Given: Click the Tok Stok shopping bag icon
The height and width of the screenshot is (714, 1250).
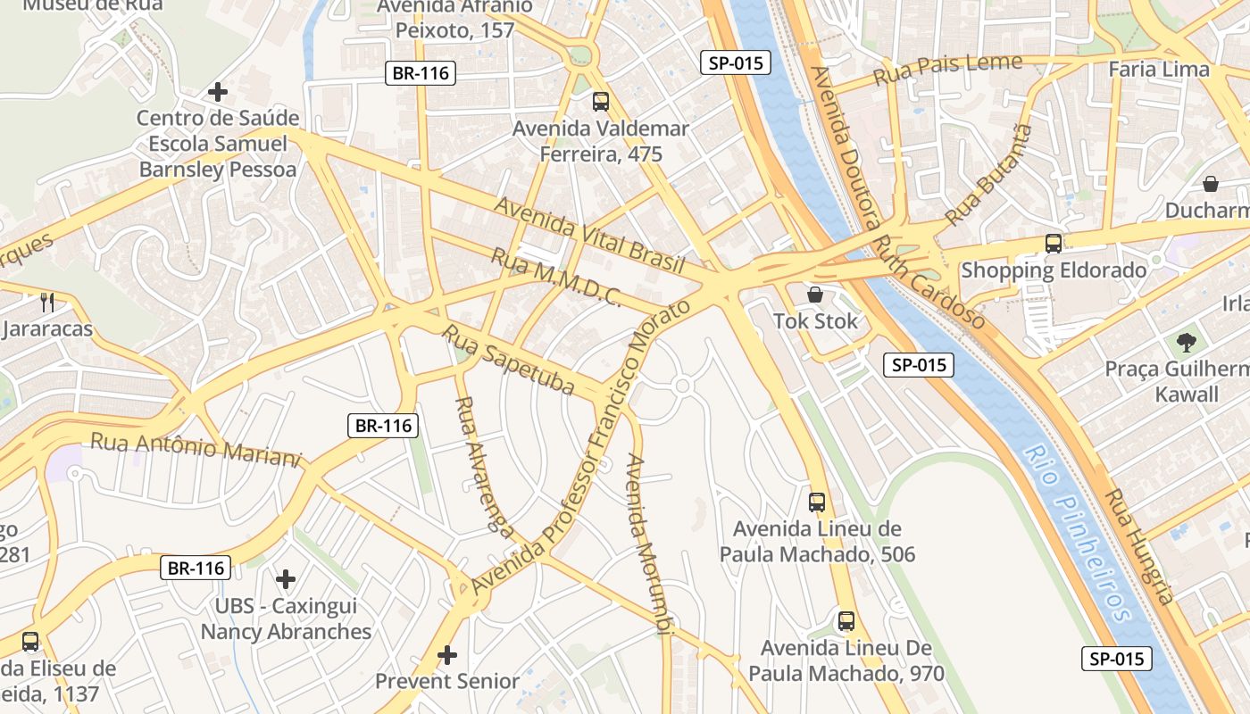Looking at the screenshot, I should (814, 295).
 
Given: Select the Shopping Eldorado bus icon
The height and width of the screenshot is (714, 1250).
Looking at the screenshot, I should (1054, 244).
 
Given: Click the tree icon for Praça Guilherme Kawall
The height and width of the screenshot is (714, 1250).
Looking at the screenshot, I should (1186, 342).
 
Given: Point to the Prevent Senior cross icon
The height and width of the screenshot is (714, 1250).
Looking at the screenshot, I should (447, 656).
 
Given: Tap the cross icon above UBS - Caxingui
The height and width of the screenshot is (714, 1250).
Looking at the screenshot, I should (286, 580).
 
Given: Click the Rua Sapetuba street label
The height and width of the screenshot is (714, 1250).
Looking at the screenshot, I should (509, 361).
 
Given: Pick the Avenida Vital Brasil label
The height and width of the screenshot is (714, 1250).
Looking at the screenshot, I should (589, 235).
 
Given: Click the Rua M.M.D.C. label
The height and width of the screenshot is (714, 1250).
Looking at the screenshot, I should (555, 277).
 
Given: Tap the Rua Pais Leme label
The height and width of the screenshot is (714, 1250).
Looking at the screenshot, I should (947, 69).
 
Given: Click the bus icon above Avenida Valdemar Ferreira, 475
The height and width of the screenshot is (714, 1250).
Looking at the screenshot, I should (601, 102).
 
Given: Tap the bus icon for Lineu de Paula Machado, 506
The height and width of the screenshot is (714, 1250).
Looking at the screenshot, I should (817, 502).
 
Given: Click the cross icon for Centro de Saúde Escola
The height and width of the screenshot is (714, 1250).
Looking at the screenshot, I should (217, 92).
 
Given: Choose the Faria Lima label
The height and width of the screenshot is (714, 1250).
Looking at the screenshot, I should (1158, 69).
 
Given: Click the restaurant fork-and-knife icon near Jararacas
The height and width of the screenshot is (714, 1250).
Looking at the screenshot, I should (47, 303).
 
